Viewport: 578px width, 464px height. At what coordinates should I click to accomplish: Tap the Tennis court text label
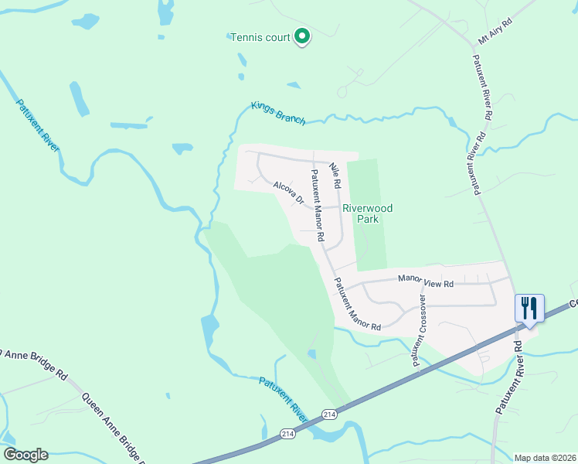[260, 37]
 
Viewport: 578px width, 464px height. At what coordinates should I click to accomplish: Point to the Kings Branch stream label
[278, 113]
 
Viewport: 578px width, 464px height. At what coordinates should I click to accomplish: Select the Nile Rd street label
[335, 176]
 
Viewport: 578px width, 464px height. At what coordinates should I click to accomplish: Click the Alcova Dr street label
[289, 192]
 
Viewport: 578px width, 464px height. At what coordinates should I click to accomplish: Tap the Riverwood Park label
[368, 213]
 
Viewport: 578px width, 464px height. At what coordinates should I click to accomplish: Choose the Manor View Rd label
[425, 282]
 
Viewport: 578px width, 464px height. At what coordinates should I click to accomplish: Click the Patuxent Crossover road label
[420, 329]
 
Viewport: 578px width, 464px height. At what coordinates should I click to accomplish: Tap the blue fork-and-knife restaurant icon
[530, 308]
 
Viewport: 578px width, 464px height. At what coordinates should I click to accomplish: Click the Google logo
[25, 455]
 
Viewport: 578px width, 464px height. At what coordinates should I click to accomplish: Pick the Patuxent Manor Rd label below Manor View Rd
[357, 304]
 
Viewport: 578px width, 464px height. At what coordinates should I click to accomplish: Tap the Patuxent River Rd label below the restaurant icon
[508, 379]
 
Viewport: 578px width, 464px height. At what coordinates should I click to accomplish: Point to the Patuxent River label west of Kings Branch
[38, 124]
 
